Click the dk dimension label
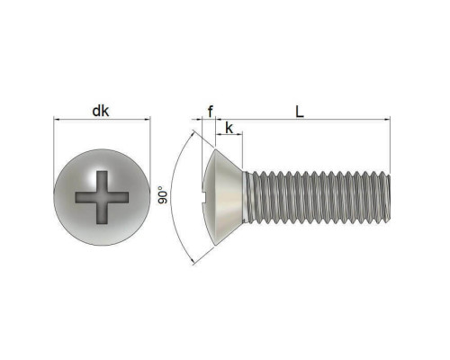(101, 111)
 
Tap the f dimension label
(211, 112)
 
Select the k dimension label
(229, 128)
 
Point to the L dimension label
(300, 112)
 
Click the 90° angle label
(163, 194)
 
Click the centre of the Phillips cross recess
(102, 197)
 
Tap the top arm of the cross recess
(102, 182)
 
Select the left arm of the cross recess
(85, 197)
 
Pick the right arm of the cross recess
(118, 197)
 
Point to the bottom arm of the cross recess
(102, 213)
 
